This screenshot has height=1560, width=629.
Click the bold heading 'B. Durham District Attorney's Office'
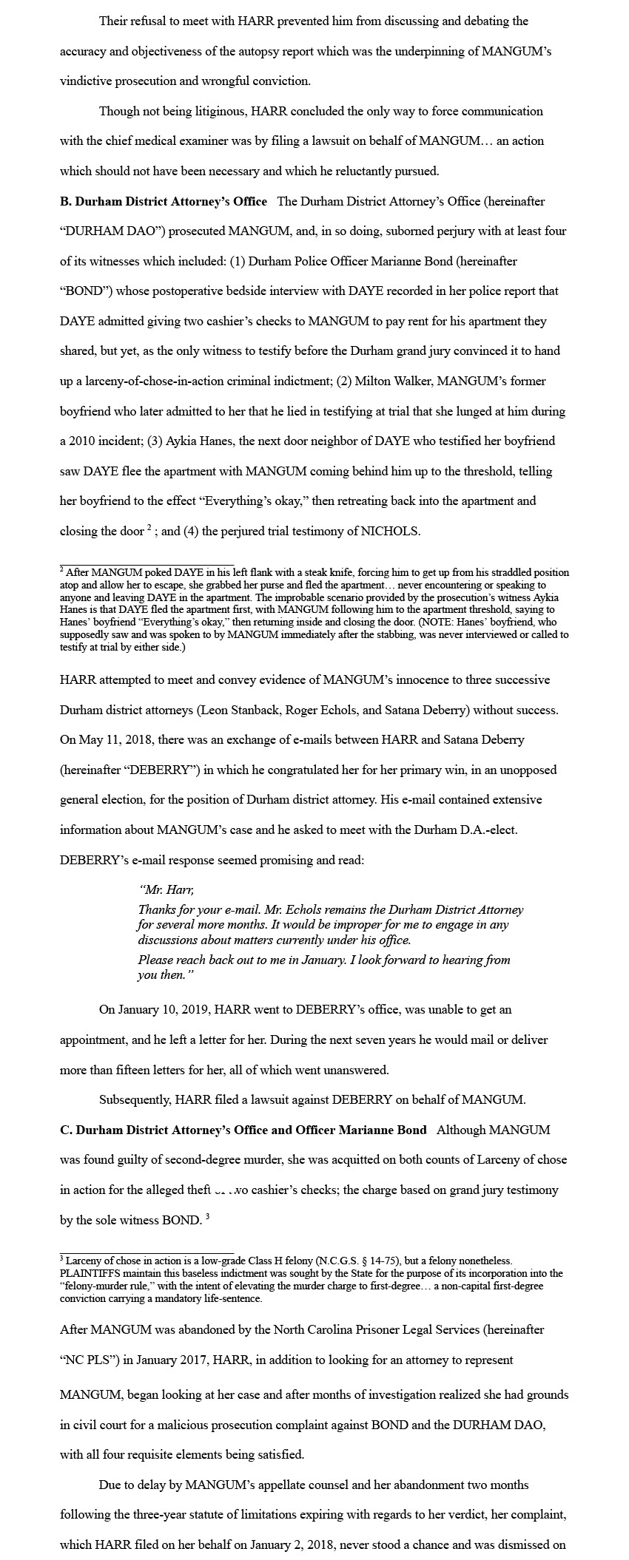pyautogui.click(x=164, y=201)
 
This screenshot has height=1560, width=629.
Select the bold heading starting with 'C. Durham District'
pyautogui.click(x=243, y=1130)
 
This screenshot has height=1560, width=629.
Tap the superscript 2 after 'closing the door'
pyautogui.click(x=149, y=528)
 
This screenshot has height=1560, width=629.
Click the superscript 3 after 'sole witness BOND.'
pyautogui.click(x=208, y=1216)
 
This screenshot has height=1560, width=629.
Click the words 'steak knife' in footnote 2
pyautogui.click(x=277, y=572)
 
